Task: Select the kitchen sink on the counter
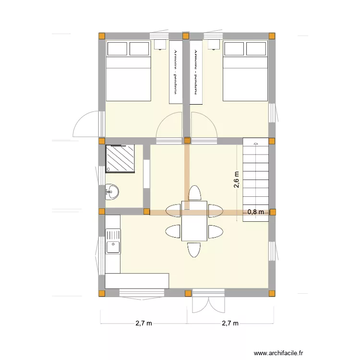[x=113, y=247]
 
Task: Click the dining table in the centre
[x=194, y=221]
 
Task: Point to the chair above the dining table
[x=194, y=193]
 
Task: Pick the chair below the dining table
[x=194, y=250]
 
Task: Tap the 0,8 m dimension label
[x=255, y=211]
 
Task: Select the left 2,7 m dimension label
[x=144, y=324]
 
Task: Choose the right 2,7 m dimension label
[x=230, y=324]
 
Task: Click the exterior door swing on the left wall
[x=86, y=124]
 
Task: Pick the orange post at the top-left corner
[x=102, y=36]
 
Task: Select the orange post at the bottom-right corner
[x=272, y=293]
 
